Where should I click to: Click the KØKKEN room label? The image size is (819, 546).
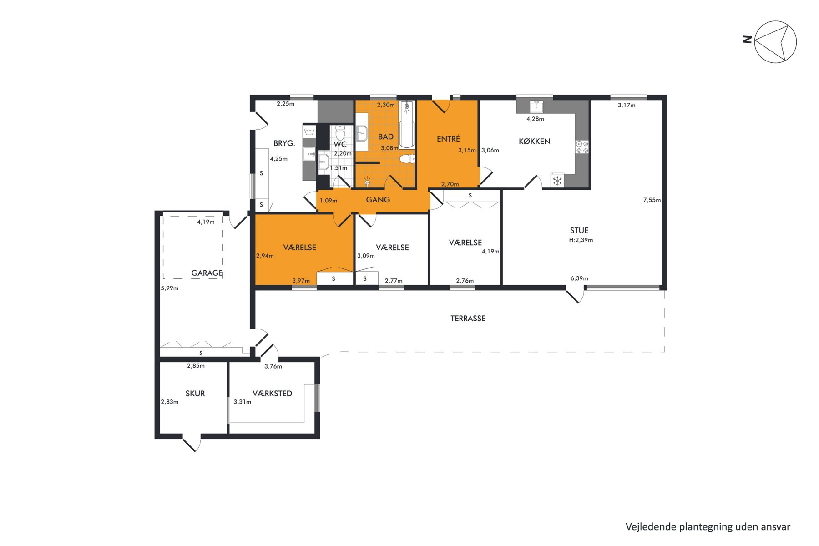coord(535,141)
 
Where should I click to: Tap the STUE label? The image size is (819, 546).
coord(579,230)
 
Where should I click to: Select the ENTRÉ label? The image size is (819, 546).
coord(448,139)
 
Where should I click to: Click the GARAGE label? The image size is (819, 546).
coord(207,273)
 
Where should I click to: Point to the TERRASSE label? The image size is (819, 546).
coord(468,318)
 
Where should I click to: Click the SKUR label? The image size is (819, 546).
coord(195,394)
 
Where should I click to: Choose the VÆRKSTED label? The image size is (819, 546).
coord(273,394)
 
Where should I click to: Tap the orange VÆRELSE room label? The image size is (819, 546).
coord(300,248)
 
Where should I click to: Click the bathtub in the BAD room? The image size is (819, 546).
coord(407,124)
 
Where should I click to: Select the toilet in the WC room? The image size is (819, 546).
coord(340,132)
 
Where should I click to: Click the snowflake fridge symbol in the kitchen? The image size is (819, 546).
coord(557,181)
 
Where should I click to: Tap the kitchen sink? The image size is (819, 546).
coord(536,106)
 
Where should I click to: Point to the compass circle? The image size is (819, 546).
coord(775,42)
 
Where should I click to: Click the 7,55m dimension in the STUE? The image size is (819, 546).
coord(652,200)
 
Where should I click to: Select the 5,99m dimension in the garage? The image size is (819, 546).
coord(170,288)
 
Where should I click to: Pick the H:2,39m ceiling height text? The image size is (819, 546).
coord(581,240)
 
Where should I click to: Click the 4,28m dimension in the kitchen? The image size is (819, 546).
coord(536,119)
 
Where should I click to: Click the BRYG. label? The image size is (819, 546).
coord(284,143)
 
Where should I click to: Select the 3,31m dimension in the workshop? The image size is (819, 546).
coord(243,402)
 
